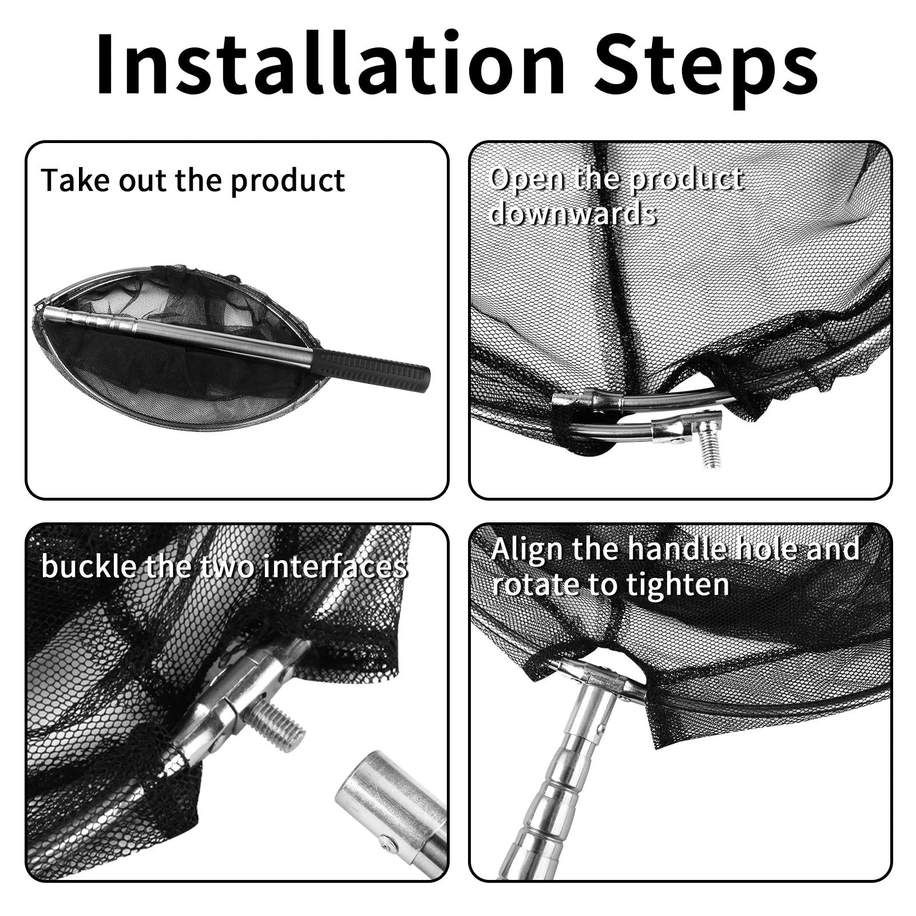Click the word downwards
point(573,214)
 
